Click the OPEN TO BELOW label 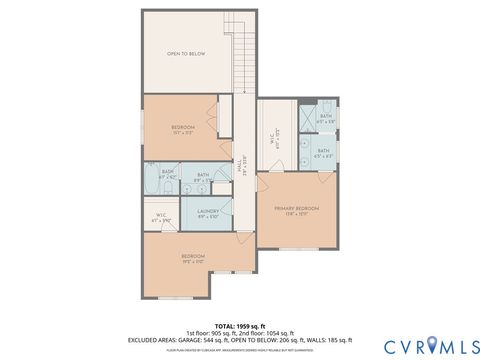click(x=186, y=54)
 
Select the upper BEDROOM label click(x=182, y=129)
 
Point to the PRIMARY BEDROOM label click(x=295, y=210)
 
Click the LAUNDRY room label click(x=208, y=213)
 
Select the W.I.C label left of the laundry click(x=162, y=216)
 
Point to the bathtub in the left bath click(x=151, y=182)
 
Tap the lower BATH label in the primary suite click(x=325, y=154)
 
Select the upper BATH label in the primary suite click(x=325, y=118)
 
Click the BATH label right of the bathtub click(x=203, y=177)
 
